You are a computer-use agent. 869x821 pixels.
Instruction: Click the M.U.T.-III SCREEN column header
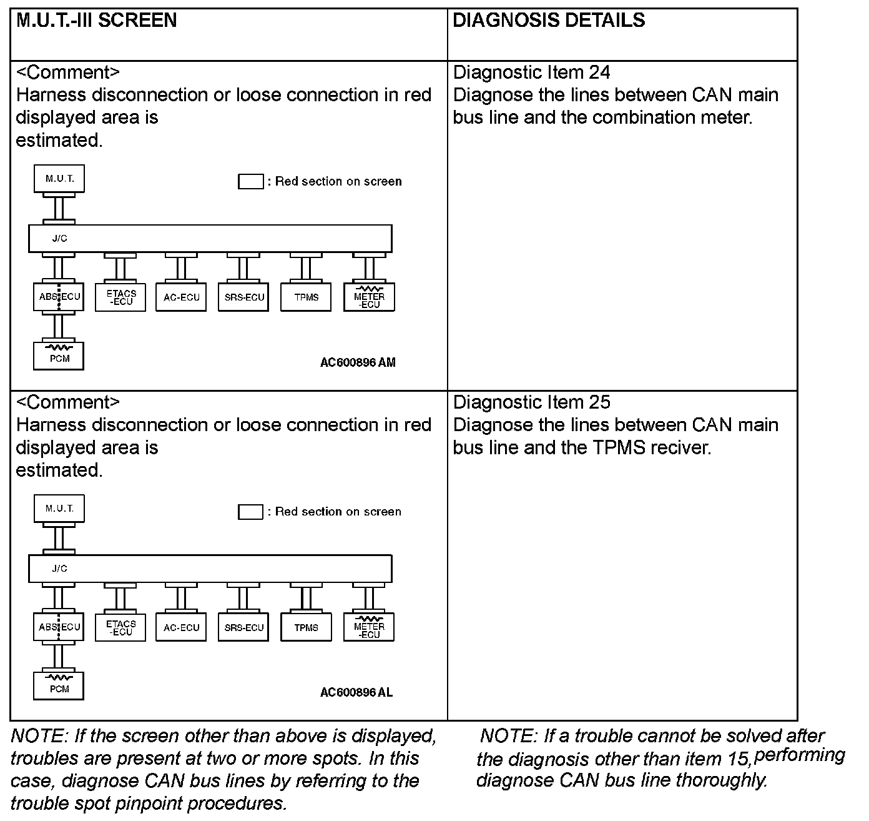pyautogui.click(x=97, y=21)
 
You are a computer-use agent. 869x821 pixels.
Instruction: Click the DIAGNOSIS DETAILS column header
pyautogui.click(x=549, y=21)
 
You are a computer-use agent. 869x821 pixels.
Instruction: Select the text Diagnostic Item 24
pyautogui.click(x=531, y=72)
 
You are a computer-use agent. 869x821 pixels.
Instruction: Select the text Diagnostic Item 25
pyautogui.click(x=531, y=402)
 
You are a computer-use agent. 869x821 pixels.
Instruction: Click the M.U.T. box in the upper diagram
pyautogui.click(x=59, y=179)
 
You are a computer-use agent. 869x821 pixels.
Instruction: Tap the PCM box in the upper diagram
pyautogui.click(x=59, y=356)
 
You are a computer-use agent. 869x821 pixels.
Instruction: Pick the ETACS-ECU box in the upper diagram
pyautogui.click(x=120, y=297)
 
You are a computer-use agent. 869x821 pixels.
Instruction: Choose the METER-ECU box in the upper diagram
pyautogui.click(x=369, y=298)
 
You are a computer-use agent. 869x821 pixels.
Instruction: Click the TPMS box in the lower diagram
pyautogui.click(x=306, y=627)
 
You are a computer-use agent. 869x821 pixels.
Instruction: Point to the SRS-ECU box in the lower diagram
pyautogui.click(x=244, y=627)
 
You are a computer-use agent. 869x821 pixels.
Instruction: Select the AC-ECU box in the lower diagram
pyautogui.click(x=182, y=627)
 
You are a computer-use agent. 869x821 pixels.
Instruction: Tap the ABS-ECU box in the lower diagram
pyautogui.click(x=59, y=627)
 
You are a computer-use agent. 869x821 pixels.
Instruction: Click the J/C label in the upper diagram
pyautogui.click(x=60, y=239)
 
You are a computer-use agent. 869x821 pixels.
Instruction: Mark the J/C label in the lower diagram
pyautogui.click(x=60, y=569)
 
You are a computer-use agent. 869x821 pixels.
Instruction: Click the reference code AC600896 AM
pyautogui.click(x=358, y=362)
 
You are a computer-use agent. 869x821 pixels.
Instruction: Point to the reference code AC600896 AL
pyautogui.click(x=356, y=692)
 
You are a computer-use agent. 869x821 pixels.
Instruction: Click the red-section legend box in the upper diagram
pyautogui.click(x=250, y=182)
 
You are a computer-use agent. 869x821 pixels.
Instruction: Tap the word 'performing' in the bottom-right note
pyautogui.click(x=799, y=755)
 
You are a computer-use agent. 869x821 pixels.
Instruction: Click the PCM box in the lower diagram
pyautogui.click(x=59, y=686)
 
